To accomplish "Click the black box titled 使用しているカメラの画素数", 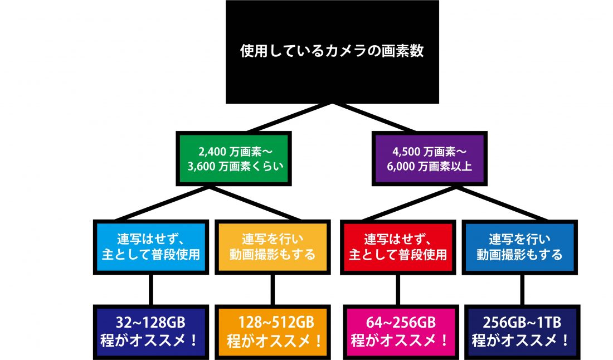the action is tap(332, 52).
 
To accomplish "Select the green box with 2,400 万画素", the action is tap(234, 158).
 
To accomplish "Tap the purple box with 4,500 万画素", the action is tap(429, 158).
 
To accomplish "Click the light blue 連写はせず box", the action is tap(151, 247).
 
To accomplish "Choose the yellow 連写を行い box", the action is tap(273, 247).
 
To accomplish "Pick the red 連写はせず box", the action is tap(398, 247).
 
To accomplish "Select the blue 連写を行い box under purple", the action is tap(519, 247).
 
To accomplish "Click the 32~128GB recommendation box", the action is tap(151, 332).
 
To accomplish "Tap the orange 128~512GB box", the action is tap(273, 332).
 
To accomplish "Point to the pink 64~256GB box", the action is tap(401, 332).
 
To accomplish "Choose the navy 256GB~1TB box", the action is tap(522, 332).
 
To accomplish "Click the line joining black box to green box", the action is tap(290, 118).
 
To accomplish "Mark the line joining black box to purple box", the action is tap(373, 118).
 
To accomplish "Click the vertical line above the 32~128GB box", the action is tap(151, 290).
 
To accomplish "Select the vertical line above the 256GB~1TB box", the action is tap(522, 290).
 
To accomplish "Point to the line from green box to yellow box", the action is tap(255, 203).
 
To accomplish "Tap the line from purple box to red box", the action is tap(410, 203).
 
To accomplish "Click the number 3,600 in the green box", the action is tap(201, 167).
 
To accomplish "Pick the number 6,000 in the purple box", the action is tap(401, 167).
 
